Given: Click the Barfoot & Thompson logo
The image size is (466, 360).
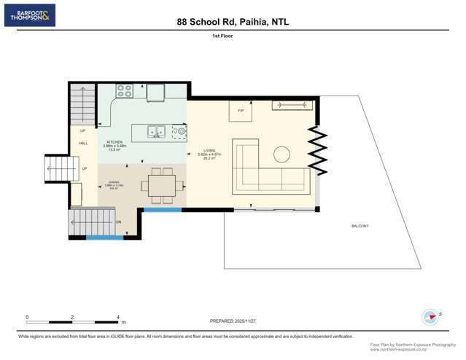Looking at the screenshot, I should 29,15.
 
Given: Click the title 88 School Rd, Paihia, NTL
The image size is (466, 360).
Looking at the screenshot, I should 233,22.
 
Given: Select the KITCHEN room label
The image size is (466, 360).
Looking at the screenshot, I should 114,142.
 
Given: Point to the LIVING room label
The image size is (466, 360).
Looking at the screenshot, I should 211,152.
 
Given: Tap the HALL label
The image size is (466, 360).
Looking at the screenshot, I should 83,143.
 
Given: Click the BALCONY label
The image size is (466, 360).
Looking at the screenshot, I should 360,226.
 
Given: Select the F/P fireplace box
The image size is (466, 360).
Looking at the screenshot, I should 241,111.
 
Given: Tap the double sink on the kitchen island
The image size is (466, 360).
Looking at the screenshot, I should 156,133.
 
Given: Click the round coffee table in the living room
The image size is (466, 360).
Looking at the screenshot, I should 281,154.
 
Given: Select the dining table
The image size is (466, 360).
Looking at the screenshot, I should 158,187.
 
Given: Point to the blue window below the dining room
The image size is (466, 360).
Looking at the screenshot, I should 162,211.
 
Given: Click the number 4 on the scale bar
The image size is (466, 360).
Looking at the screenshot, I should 117,317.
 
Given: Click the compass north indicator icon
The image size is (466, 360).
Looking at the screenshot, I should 430,317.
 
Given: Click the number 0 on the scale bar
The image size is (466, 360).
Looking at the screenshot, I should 27,317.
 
